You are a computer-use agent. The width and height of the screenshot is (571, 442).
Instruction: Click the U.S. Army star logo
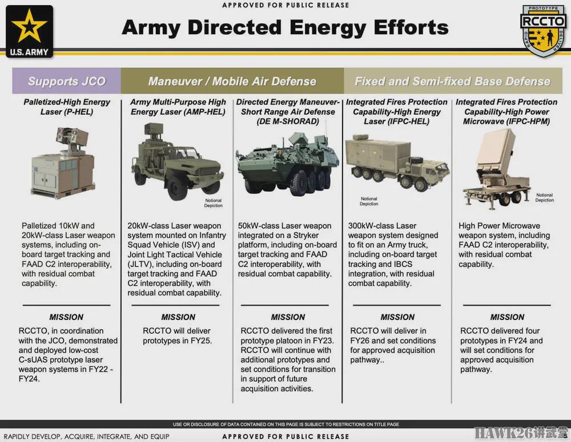[x=29, y=31]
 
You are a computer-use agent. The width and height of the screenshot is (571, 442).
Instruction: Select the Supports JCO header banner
[x=67, y=81]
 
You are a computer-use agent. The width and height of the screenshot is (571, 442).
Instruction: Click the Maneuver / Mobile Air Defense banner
[x=232, y=81]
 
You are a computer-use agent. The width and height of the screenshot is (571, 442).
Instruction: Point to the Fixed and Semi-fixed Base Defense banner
[x=453, y=81]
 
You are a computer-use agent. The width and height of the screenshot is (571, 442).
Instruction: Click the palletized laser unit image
[x=64, y=163]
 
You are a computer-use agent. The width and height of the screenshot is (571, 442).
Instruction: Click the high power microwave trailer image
[x=497, y=170]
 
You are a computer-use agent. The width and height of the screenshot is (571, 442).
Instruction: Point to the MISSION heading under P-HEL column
[x=66, y=317]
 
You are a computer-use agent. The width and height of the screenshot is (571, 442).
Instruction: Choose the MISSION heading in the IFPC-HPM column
[x=507, y=317]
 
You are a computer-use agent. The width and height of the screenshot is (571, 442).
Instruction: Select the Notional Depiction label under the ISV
[x=214, y=203]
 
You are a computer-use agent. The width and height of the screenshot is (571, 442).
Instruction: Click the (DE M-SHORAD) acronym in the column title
[x=288, y=121]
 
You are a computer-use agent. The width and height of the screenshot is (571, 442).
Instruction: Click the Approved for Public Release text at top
[x=285, y=5]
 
